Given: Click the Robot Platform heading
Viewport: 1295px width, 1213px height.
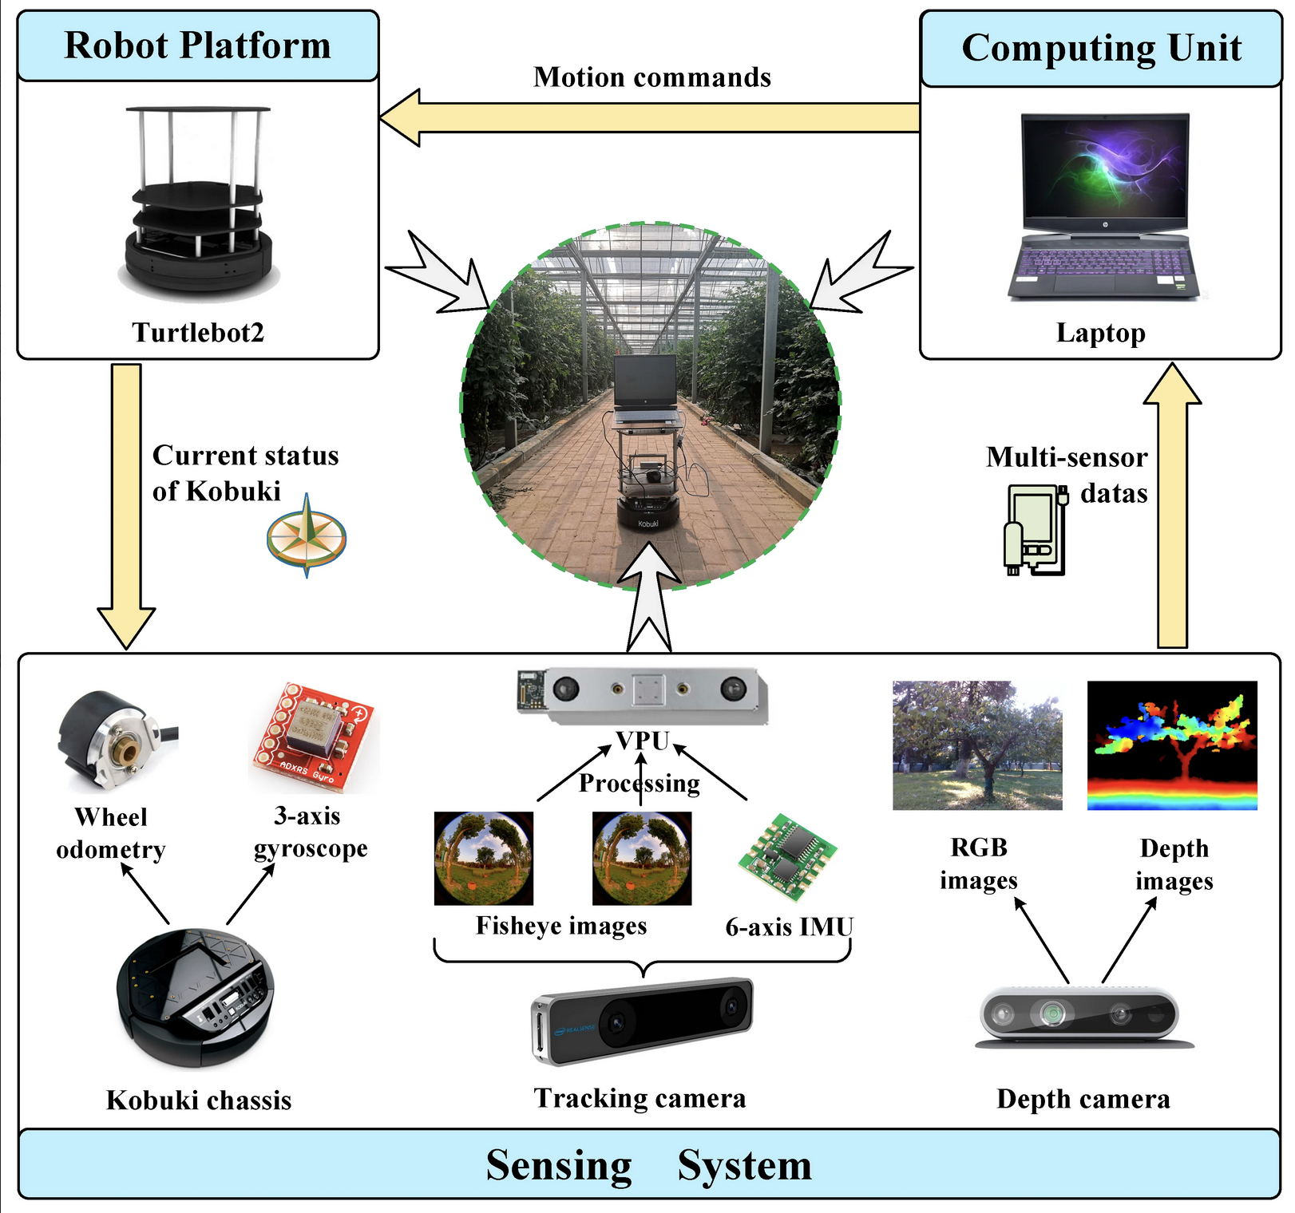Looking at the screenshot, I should pyautogui.click(x=197, y=45).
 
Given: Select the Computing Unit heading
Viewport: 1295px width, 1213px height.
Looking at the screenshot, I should pyautogui.click(x=1101, y=48).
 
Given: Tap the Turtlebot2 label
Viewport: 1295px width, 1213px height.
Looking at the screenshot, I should pyautogui.click(x=198, y=332).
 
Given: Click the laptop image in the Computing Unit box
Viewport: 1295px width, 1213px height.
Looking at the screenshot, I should pyautogui.click(x=1104, y=206).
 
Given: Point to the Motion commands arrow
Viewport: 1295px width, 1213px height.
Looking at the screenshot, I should pyautogui.click(x=650, y=117).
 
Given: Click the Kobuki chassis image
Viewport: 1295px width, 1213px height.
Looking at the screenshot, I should pyautogui.click(x=196, y=996).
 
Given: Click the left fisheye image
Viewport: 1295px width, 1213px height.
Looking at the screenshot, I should pyautogui.click(x=483, y=859).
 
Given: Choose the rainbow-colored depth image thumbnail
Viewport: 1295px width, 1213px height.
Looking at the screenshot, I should pyautogui.click(x=1172, y=745).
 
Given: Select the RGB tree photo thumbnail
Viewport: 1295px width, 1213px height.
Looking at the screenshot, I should pyautogui.click(x=977, y=745).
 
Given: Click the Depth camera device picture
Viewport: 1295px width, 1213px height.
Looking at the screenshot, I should pyautogui.click(x=1080, y=1016).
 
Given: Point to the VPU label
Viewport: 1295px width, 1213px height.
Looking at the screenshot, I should pyautogui.click(x=643, y=741).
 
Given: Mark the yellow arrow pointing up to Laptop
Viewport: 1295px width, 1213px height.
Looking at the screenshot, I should pyautogui.click(x=1172, y=511).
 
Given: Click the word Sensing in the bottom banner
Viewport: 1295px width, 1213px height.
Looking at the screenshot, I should pyautogui.click(x=559, y=1165).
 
